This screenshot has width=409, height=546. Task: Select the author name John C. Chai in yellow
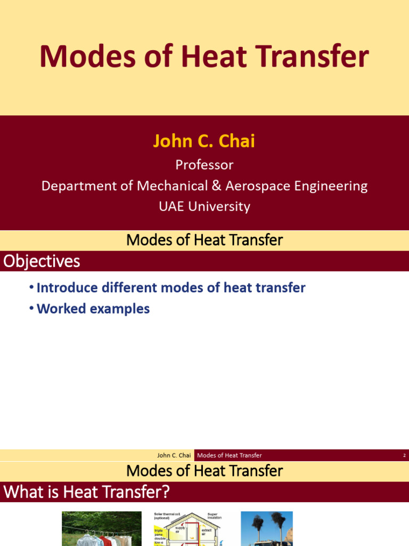pyautogui.click(x=204, y=141)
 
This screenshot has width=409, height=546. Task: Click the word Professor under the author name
pyautogui.click(x=204, y=165)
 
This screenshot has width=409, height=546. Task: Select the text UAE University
pyautogui.click(x=204, y=206)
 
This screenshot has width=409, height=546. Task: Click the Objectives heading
pyautogui.click(x=42, y=261)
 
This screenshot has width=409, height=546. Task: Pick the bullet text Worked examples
pyautogui.click(x=93, y=309)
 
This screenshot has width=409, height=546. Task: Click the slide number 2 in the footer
pyautogui.click(x=404, y=455)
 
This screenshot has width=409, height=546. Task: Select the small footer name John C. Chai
pyautogui.click(x=174, y=455)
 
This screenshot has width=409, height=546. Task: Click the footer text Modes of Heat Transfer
pyautogui.click(x=229, y=455)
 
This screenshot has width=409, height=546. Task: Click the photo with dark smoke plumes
pyautogui.click(x=266, y=529)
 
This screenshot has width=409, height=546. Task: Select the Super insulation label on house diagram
pyautogui.click(x=215, y=516)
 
